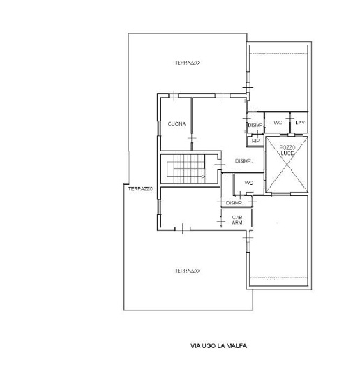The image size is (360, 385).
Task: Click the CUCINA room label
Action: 177,123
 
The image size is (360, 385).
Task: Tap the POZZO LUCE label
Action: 287,151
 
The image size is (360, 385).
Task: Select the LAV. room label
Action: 300,123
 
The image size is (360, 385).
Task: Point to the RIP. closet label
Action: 255,141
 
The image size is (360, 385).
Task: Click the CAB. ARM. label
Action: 238,220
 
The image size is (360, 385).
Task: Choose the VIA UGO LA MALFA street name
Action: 218,346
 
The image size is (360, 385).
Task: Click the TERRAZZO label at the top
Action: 187,63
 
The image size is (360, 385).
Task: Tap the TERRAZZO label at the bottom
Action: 187,271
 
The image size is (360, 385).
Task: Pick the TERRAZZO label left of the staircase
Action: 140,189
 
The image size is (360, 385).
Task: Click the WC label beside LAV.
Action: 278,123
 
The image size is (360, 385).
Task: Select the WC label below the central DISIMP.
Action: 248,183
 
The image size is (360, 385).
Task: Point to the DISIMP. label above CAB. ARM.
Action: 234,203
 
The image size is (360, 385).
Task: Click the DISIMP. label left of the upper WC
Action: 255,126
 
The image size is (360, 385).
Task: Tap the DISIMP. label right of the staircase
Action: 244,161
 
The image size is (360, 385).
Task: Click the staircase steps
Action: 189,169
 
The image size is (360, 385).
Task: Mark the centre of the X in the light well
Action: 287,165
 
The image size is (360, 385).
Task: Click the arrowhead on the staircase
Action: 203,176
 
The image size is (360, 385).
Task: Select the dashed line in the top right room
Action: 278,53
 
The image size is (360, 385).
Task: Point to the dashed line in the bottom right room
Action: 278,278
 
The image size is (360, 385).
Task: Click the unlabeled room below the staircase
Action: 190,207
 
